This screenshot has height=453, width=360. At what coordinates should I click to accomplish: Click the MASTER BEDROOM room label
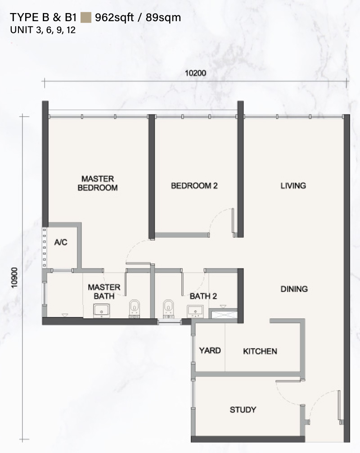tap(98, 183)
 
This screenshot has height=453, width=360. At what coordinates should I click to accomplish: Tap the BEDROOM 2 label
tap(194, 186)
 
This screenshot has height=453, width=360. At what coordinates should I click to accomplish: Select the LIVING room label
tap(293, 186)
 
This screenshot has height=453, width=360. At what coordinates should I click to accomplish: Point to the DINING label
tap(294, 289)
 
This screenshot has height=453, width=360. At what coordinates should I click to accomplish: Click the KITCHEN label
tap(260, 351)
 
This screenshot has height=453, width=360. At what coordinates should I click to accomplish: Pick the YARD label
tap(210, 350)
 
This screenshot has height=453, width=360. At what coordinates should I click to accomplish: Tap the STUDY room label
tap(243, 410)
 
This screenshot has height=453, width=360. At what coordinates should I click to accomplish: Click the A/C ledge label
tap(61, 242)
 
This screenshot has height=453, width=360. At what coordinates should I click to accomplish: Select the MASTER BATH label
tap(104, 291)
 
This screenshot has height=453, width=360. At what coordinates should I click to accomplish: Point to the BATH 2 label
tap(203, 296)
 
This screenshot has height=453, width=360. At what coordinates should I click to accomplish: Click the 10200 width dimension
tap(195, 73)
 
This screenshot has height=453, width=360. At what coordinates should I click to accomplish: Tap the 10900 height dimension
tap(14, 278)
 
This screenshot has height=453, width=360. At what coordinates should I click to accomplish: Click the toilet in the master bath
tap(134, 309)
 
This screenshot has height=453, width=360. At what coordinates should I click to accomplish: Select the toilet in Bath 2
tap(168, 309)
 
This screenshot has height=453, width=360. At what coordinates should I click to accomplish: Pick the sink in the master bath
tap(101, 311)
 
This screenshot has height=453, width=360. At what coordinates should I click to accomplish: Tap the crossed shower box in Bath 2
tap(223, 314)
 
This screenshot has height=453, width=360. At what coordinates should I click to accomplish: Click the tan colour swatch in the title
tap(86, 18)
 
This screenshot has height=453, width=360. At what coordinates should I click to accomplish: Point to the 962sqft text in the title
tap(114, 18)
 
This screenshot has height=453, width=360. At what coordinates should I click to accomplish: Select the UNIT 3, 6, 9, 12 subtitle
tap(43, 30)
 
